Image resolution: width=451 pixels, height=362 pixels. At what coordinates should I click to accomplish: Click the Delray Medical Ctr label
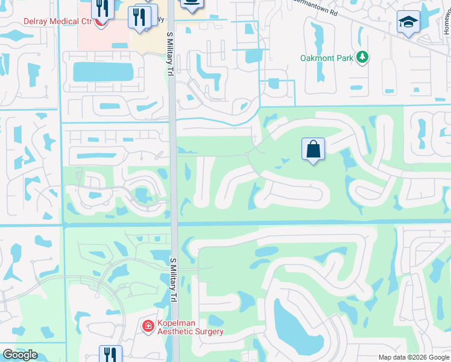tap(57, 21)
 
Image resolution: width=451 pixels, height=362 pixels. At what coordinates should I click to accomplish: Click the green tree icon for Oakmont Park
tap(362, 57)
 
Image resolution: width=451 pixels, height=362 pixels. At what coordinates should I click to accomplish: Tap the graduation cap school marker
tap(408, 23)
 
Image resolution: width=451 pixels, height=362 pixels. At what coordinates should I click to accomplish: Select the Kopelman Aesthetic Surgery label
tap(190, 327)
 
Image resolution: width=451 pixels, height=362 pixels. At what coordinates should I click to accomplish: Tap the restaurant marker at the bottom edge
tap(110, 354)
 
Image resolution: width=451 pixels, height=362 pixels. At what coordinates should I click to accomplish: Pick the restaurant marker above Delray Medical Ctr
tap(101, 8)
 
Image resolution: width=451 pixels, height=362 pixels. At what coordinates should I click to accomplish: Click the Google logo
tap(20, 355)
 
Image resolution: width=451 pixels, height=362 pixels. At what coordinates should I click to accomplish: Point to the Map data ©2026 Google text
tap(413, 357)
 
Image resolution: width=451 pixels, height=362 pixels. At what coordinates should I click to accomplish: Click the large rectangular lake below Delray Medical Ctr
tap(102, 72)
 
